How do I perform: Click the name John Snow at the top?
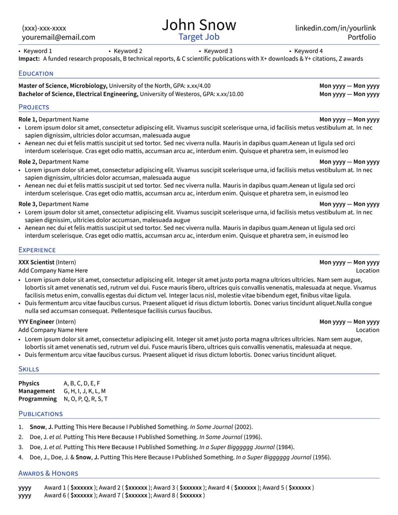pyautogui.click(x=198, y=25)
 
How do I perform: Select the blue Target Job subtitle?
pyautogui.click(x=198, y=37)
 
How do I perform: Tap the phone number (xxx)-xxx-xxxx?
pyautogui.click(x=44, y=28)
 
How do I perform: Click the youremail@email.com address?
pyautogui.click(x=58, y=37)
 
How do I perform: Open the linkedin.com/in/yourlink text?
pyautogui.click(x=335, y=28)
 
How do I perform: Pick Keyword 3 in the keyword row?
pyautogui.click(x=218, y=51)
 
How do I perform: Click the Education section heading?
pyautogui.click(x=36, y=73)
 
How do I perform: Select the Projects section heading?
pyautogui.click(x=34, y=107)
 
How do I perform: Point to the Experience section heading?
pyautogui.click(x=37, y=249)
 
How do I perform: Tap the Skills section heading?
pyautogui.click(x=29, y=369)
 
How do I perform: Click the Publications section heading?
pyautogui.click(x=40, y=413)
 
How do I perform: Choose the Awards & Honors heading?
pyautogui.click(x=48, y=473)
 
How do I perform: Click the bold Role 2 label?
pyautogui.click(x=28, y=162)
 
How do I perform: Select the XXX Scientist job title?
pyautogui.click(x=36, y=262)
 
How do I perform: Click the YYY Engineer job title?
pyautogui.click(x=36, y=322)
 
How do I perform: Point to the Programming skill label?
pyautogui.click(x=38, y=399)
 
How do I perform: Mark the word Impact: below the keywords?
pyautogui.click(x=29, y=59)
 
